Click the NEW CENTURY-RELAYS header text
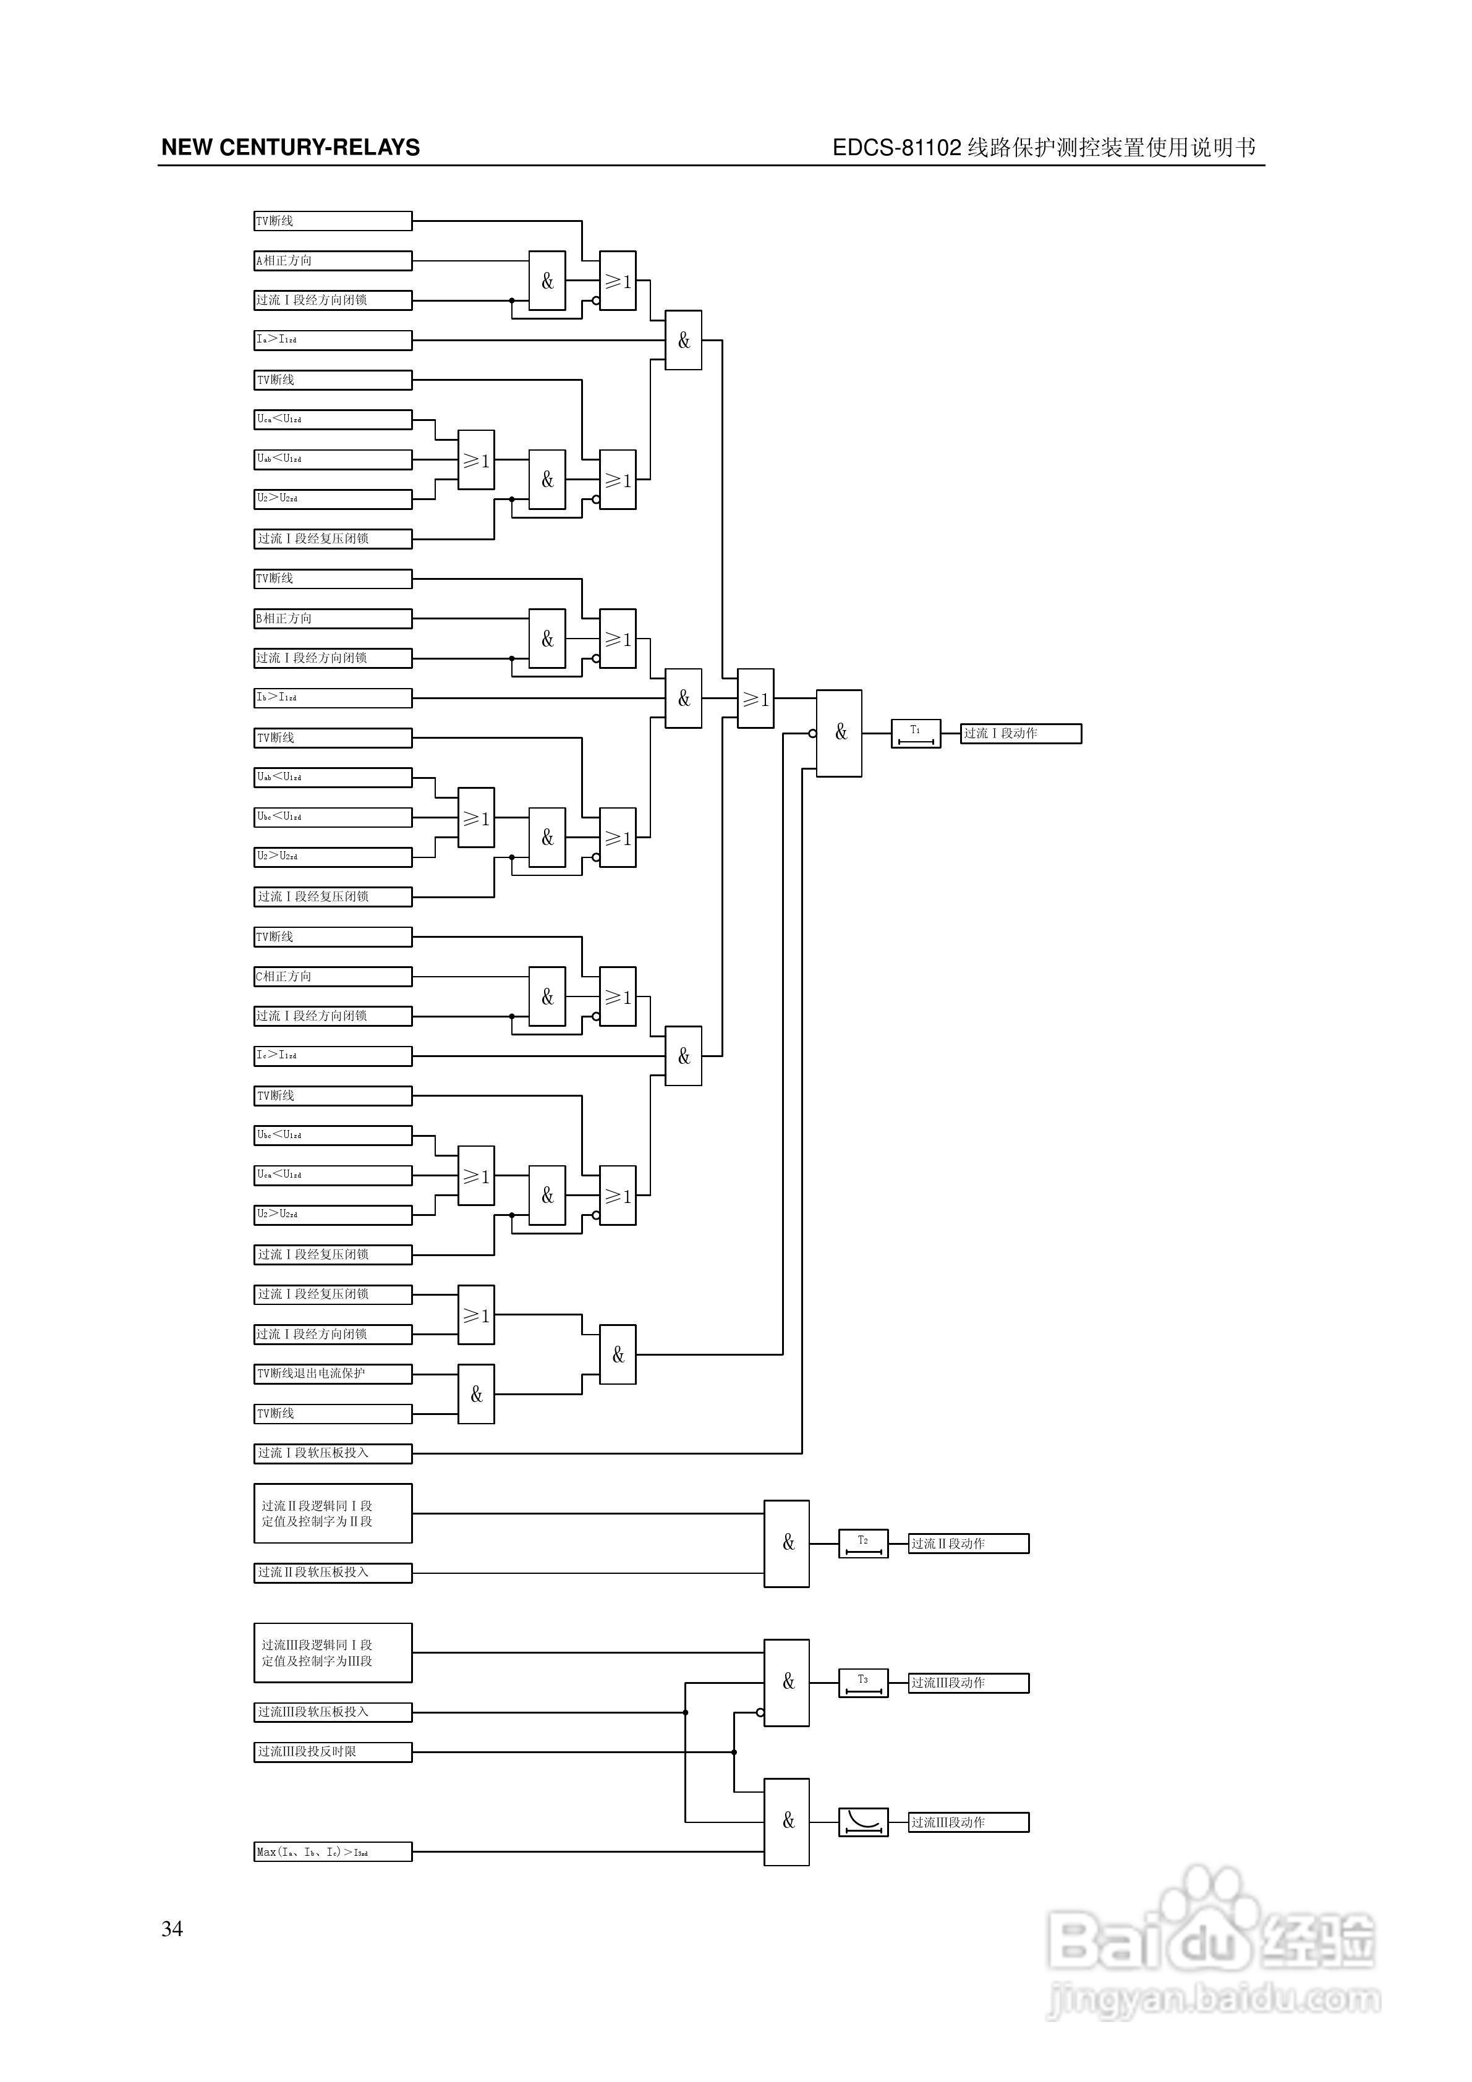click(x=290, y=148)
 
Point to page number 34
click(x=172, y=1929)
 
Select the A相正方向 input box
click(x=332, y=261)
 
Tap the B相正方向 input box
click(x=332, y=618)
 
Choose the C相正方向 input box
click(x=332, y=977)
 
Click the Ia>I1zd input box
click(x=332, y=340)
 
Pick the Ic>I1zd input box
click(x=332, y=1055)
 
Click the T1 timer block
click(x=915, y=734)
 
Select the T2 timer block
click(x=862, y=1544)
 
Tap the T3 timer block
click(x=862, y=1683)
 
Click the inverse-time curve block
click(x=862, y=1822)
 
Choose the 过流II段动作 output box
click(x=969, y=1544)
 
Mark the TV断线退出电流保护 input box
click(x=332, y=1374)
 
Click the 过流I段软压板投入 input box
click(x=332, y=1453)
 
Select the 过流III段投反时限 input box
click(x=332, y=1752)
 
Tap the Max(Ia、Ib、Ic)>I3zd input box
click(x=332, y=1851)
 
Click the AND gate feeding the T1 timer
click(x=839, y=734)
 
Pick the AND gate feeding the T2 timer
click(x=786, y=1544)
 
